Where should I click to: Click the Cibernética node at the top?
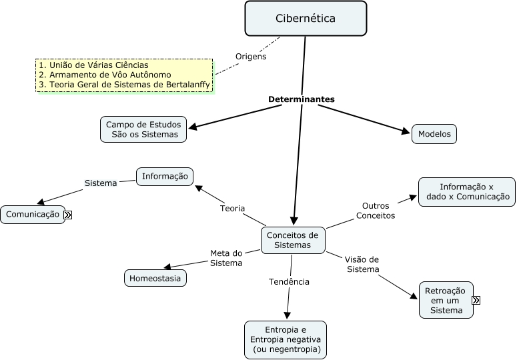(306, 19)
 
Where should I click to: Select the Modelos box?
(434, 134)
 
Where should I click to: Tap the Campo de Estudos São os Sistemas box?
(143, 129)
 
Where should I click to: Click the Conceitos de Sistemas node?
(292, 240)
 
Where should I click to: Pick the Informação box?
(165, 177)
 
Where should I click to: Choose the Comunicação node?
(32, 215)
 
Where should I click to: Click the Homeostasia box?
(155, 278)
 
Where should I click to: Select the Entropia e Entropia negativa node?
(286, 340)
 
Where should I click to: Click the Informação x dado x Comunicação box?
(467, 192)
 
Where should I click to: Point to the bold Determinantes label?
(302, 99)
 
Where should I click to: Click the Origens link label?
(251, 57)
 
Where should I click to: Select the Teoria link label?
(233, 209)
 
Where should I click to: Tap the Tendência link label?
(289, 282)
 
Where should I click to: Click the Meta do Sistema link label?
(226, 258)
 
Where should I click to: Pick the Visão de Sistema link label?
(362, 264)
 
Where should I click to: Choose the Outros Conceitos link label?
(376, 211)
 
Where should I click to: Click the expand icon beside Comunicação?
(68, 215)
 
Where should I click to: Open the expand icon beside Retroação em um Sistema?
(476, 301)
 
